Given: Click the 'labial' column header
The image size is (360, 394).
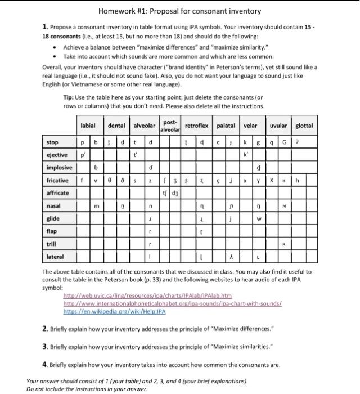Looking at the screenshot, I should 88,126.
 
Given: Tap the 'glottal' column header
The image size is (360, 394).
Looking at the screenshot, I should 304,126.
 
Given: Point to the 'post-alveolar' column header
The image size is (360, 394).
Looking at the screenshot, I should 170,126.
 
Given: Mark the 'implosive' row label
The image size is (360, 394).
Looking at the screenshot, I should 59,168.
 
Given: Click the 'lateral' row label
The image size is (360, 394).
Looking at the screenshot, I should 55,256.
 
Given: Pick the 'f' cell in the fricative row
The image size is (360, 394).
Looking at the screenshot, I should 82,181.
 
